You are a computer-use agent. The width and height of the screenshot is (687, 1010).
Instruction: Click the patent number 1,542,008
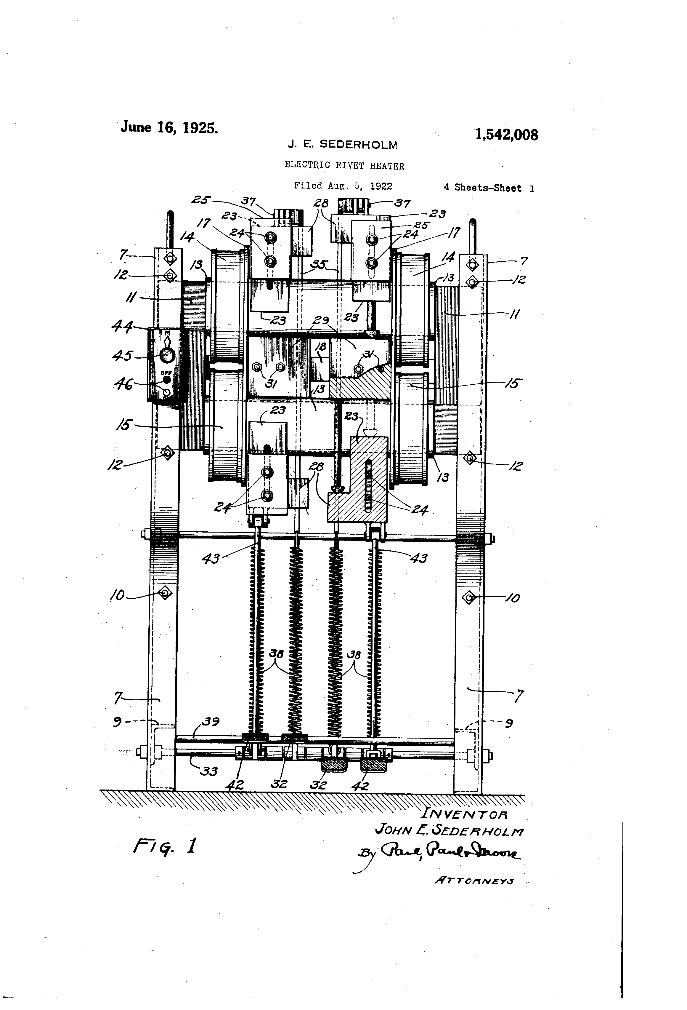pyautogui.click(x=506, y=135)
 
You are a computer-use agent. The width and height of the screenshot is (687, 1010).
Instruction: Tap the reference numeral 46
pyautogui.click(x=124, y=384)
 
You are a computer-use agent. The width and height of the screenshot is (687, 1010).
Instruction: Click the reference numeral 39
pyautogui.click(x=210, y=722)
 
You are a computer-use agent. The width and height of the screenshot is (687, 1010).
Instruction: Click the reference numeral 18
pyautogui.click(x=321, y=347)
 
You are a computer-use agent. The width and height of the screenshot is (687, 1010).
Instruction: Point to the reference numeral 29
pyautogui.click(x=321, y=321)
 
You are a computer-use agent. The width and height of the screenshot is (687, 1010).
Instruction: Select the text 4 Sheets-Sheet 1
pyautogui.click(x=489, y=188)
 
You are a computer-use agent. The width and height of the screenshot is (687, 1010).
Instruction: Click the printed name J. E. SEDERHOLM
pyautogui.click(x=343, y=145)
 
